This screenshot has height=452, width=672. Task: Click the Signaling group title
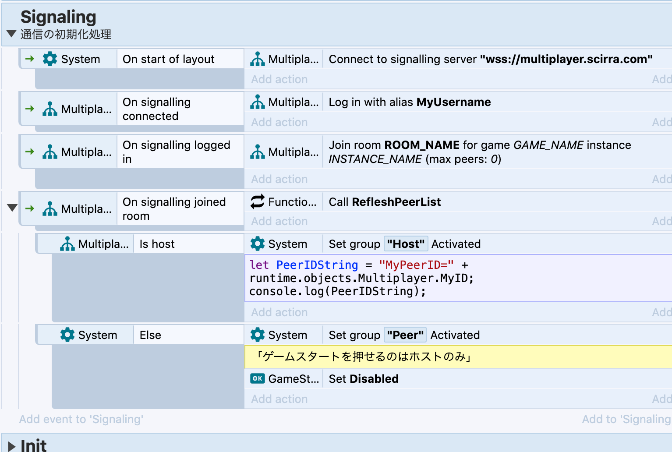click(58, 17)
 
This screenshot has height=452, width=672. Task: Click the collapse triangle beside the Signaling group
click(11, 34)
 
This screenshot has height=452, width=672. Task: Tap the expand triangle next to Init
click(11, 446)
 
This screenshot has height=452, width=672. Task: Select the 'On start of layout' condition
click(168, 59)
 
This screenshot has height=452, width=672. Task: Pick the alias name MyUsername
click(453, 102)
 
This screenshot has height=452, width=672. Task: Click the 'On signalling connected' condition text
click(156, 109)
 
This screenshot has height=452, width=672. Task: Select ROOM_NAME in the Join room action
click(422, 145)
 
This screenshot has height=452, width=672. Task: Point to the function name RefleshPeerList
click(396, 202)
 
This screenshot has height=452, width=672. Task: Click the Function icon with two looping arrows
click(258, 201)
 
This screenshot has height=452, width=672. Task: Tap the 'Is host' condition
click(157, 244)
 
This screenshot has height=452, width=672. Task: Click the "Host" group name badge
click(406, 244)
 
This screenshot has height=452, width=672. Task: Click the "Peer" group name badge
click(405, 335)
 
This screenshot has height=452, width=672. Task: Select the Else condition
click(150, 335)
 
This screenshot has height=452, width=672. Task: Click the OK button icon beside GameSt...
click(258, 378)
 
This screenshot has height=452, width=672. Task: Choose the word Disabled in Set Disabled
click(374, 379)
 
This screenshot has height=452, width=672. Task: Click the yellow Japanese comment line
click(364, 357)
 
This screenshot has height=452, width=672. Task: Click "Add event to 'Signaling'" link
click(81, 419)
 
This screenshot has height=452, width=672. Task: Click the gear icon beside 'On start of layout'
click(50, 59)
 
